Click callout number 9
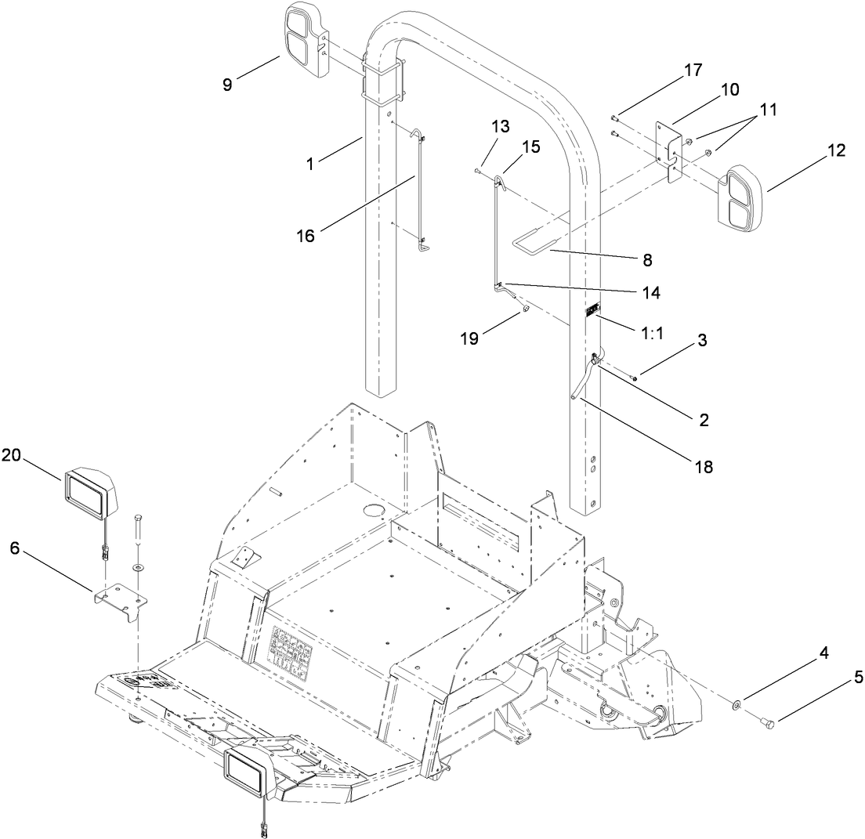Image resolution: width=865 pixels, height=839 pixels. coord(227,85)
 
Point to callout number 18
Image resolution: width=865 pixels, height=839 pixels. coord(704,467)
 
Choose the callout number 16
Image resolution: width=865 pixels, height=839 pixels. coord(306,235)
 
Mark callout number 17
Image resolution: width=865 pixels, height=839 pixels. coord(692,69)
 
